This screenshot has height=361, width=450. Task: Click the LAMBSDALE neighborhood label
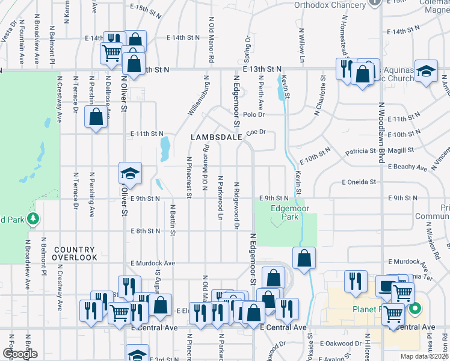click(216, 137)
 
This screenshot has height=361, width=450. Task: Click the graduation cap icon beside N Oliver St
click(130, 174)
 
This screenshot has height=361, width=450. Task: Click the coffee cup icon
click(385, 287)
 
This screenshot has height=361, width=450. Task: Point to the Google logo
click(19, 354)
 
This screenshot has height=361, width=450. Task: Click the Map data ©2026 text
click(424, 356)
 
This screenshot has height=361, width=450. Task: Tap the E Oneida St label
click(359, 182)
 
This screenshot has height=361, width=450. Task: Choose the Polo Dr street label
click(254, 114)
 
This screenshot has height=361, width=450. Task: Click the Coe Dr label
click(256, 132)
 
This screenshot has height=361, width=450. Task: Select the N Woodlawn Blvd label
click(381, 132)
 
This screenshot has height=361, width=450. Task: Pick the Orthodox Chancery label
click(330, 5)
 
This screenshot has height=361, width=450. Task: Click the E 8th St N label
click(146, 230)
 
